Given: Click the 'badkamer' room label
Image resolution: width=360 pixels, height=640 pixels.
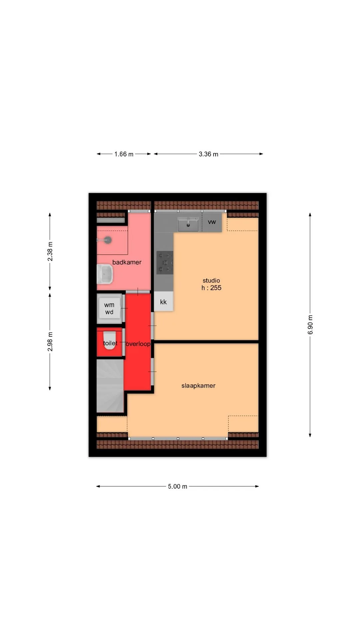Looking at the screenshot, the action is click(127, 262).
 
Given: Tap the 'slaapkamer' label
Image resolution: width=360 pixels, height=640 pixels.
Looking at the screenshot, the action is click(198, 386).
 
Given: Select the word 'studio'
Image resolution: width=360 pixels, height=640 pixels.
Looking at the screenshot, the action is click(211, 280).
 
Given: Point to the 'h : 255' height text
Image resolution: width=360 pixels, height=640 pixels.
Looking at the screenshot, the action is click(211, 288).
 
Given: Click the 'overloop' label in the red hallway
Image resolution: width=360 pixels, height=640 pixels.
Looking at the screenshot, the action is click(138, 344).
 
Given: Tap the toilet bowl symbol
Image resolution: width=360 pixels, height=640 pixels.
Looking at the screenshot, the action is click(110, 340).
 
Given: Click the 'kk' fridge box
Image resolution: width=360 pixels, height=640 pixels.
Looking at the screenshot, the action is click(163, 302).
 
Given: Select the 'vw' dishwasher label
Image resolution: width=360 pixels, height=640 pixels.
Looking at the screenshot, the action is click(212, 222).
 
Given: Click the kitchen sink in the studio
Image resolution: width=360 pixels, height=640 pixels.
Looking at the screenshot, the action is click(188, 224).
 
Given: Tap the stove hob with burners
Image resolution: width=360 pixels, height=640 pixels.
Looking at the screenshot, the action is click(165, 263).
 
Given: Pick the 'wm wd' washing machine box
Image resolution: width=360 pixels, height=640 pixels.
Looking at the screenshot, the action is click(109, 308).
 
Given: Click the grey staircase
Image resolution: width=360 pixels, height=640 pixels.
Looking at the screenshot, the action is click(110, 386).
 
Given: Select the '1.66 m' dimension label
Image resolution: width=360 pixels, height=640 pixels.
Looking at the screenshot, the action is click(124, 154).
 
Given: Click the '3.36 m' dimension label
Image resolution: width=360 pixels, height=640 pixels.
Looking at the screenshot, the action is click(209, 154).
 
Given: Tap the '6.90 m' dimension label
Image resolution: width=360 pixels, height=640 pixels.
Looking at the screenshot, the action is click(310, 325).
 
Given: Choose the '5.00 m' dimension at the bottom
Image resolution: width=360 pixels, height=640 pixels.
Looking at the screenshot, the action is click(178, 486).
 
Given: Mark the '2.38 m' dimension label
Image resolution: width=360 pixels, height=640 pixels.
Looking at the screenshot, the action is click(50, 252).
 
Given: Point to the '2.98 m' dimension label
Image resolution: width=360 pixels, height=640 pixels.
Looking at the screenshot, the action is click(50, 341).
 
